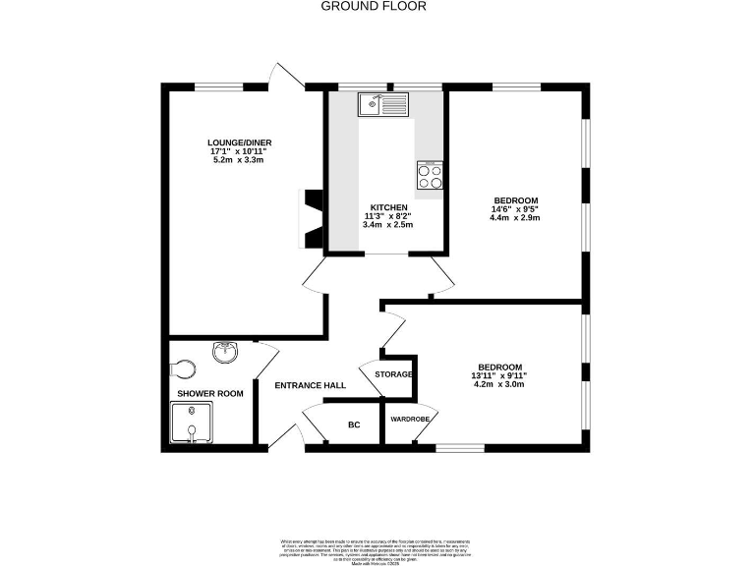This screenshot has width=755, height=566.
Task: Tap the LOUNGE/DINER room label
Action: click(x=239, y=142)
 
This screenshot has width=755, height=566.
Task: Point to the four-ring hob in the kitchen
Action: click(x=430, y=175)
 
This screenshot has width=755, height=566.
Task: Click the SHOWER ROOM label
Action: click(x=209, y=394)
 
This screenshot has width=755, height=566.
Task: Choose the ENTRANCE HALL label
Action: click(x=310, y=385)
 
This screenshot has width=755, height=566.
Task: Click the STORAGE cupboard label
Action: click(x=393, y=374)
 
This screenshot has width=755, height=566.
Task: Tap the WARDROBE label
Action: click(x=410, y=419)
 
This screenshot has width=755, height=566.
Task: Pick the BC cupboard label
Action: click(x=354, y=425)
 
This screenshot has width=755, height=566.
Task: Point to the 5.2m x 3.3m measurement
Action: click(x=239, y=160)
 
